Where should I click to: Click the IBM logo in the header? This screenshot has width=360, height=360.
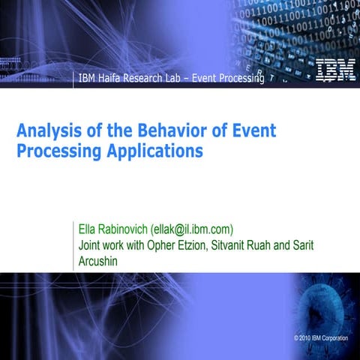[330, 70]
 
